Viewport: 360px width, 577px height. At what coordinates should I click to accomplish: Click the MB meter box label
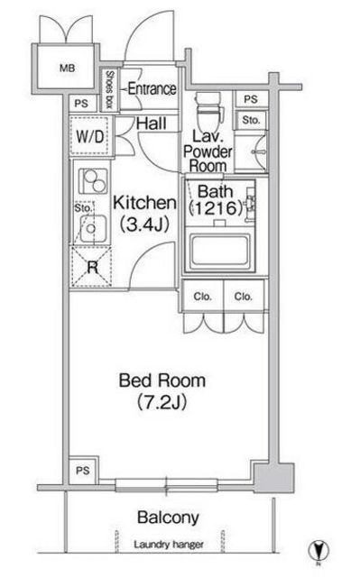point(67,69)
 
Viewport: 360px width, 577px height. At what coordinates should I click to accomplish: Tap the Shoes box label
point(109,89)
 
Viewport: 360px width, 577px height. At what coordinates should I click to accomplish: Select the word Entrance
point(152,88)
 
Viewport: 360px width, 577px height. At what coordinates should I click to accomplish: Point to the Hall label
point(152,124)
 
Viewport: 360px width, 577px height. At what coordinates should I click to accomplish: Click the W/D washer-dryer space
point(90,136)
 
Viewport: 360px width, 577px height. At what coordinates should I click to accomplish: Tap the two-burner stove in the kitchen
point(94,181)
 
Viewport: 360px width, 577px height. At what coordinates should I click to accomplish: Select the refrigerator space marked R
point(92,267)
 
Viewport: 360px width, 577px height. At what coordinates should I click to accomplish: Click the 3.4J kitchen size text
point(144,224)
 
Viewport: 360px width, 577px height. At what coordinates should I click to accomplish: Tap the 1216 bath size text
point(216,208)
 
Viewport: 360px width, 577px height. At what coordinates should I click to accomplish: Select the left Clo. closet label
point(202,297)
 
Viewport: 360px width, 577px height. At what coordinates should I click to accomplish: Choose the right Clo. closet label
point(244,297)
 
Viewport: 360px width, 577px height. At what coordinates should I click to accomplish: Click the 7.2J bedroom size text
point(162,402)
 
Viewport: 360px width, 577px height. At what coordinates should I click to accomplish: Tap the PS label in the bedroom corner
point(83,471)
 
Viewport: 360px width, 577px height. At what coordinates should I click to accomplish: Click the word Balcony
point(168,518)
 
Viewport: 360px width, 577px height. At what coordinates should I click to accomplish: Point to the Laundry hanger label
point(169,545)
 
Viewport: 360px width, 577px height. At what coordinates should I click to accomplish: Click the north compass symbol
point(318,551)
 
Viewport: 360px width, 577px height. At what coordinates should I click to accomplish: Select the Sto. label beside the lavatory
point(251,120)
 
